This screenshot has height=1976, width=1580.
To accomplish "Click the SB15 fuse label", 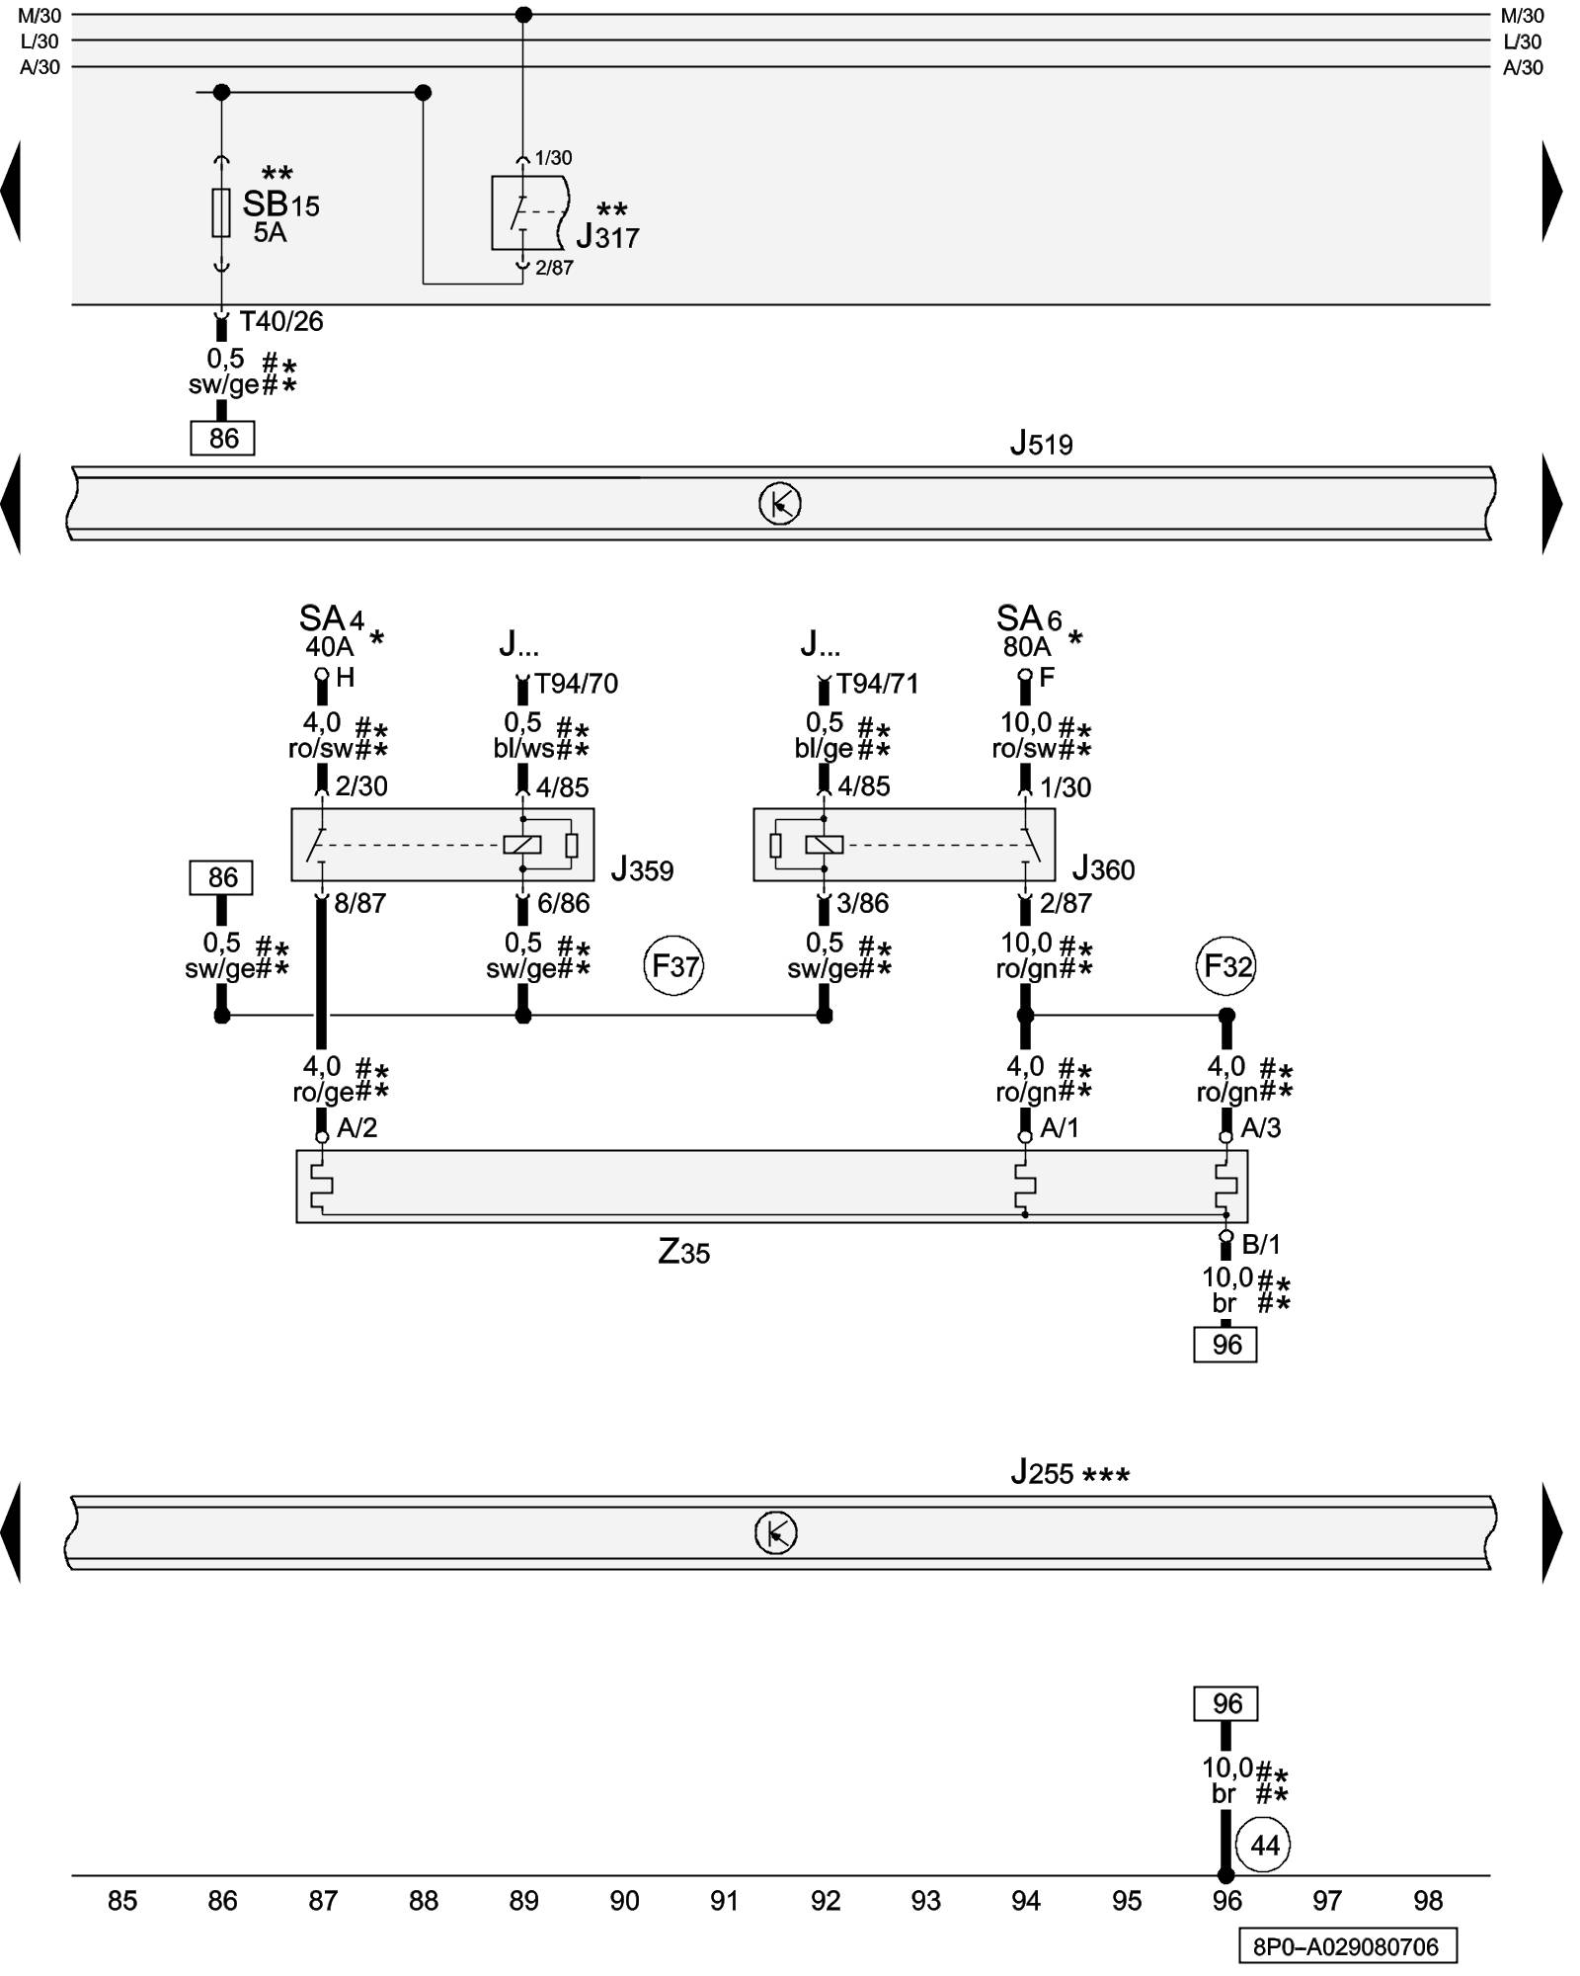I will [280, 206].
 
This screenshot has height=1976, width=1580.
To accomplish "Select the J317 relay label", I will [607, 237].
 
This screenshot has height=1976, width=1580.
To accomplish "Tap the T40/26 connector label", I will [281, 321].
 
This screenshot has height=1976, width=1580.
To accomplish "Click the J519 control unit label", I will [1041, 445].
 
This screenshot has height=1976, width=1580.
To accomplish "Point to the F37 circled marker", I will [674, 965].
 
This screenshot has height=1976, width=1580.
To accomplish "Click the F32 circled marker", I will [1226, 965].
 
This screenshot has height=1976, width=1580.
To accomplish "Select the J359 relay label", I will [642, 870].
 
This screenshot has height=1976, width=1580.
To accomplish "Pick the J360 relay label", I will [1103, 869].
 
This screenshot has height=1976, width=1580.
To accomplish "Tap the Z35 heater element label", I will [683, 1253].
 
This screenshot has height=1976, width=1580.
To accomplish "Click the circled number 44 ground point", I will [1264, 1845].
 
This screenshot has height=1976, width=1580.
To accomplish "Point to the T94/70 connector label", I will [576, 684].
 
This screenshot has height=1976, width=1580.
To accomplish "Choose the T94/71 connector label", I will [877, 684].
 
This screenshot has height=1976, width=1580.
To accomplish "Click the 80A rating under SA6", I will [1027, 647].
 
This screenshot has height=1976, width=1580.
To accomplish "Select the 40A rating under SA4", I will [329, 647].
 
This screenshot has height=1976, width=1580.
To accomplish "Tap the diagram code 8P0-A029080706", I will [1347, 1946].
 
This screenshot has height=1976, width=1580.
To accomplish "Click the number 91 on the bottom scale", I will [725, 1901].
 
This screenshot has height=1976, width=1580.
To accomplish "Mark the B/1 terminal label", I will [1261, 1244].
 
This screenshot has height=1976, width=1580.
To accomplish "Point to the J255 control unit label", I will [1069, 1473].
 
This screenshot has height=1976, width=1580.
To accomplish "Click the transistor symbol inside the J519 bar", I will [779, 505].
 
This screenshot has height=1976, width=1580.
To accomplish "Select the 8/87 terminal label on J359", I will [359, 903].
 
